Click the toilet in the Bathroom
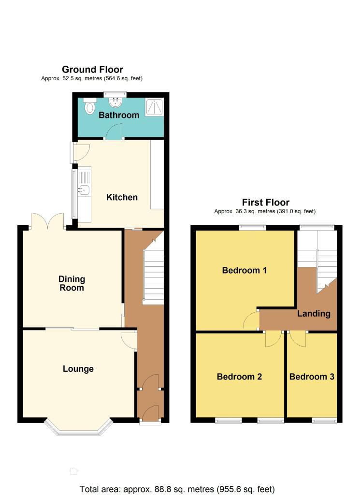90,106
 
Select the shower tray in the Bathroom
154,107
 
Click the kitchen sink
84,189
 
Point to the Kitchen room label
122,197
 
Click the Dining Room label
72,283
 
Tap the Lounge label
78,369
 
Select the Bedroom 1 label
244,270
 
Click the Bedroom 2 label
239,377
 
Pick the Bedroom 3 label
311,377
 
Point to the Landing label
314,313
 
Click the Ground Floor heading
92,70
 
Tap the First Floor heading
266,203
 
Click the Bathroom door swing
114,131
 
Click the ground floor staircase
153,272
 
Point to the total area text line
177,489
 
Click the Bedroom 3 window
324,420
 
